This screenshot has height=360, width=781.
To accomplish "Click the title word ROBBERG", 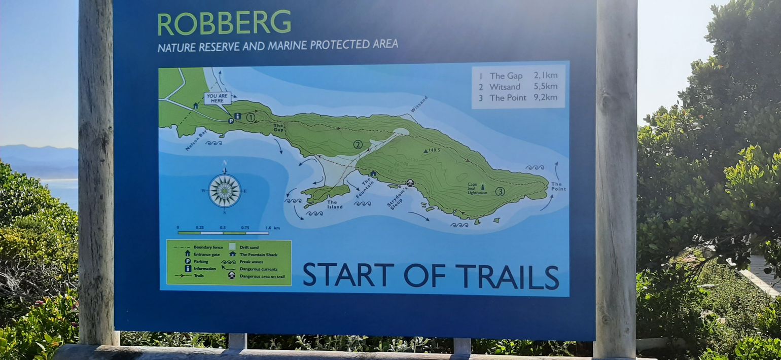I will tap(224, 23).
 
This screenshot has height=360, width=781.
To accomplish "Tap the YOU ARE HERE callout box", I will tap(218, 98).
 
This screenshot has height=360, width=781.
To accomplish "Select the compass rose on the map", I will tap(224, 191).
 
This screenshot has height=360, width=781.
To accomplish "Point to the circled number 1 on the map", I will tap(251, 118).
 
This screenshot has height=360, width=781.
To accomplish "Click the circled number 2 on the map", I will tap(358, 145).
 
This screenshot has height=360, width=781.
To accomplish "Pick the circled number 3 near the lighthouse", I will tap(500, 191).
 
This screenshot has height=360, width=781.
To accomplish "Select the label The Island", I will tap(335, 204).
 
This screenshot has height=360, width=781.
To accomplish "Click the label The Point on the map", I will tap(558, 187).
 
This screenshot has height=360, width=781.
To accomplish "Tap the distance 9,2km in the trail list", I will tap(545, 97).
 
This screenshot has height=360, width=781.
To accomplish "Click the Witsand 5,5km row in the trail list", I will tap(517, 87).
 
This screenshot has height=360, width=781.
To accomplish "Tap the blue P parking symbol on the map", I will tap(231, 121).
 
